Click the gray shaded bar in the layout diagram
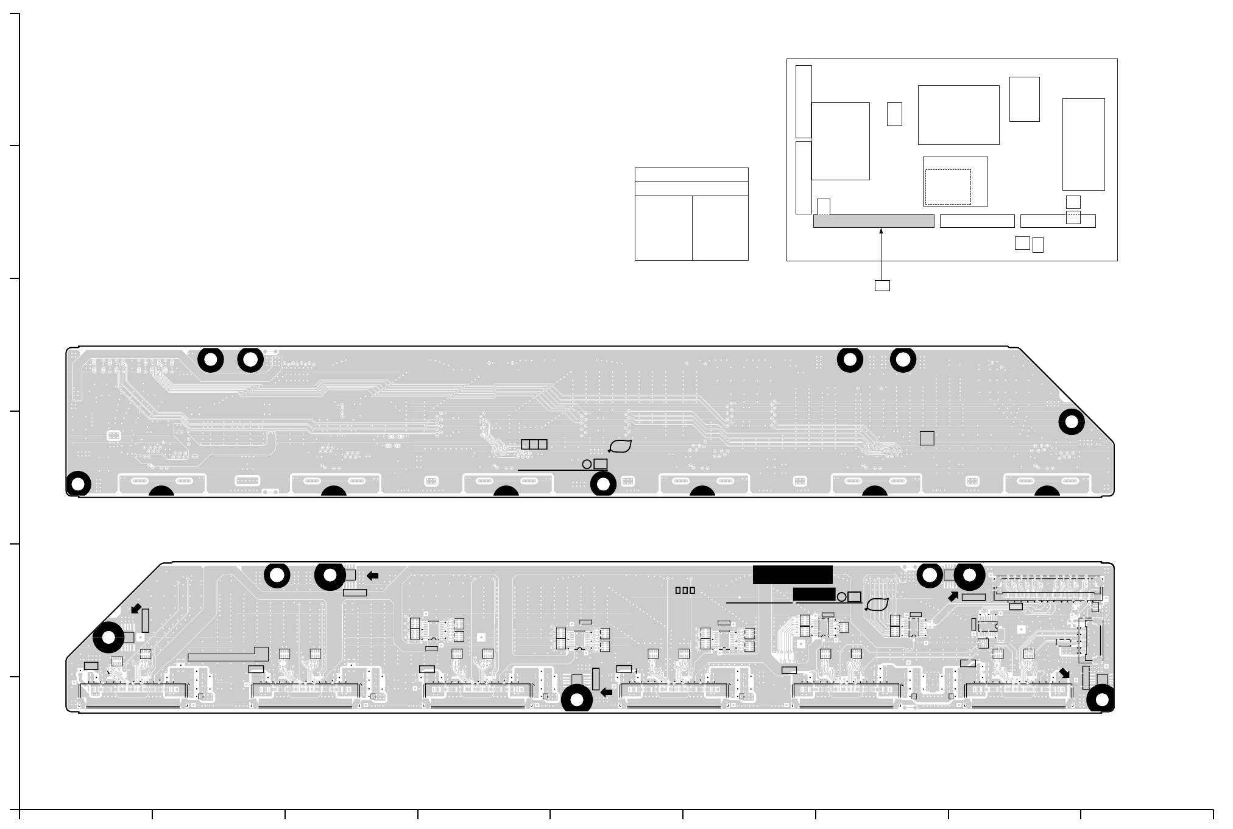point(873,221)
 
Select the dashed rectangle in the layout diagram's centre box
point(947,186)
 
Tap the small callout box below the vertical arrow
point(881,285)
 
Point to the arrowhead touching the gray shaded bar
point(881,231)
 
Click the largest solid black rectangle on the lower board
point(792,574)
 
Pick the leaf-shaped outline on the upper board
point(620,446)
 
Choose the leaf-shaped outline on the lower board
point(877,604)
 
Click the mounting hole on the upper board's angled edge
point(1071,422)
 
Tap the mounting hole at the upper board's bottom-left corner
point(78,484)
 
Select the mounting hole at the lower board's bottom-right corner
point(1101,700)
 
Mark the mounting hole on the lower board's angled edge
point(108,638)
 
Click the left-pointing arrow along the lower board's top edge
point(372,576)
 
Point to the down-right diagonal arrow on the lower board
point(1064,673)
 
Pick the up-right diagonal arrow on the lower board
point(953,597)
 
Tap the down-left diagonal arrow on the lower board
point(136,609)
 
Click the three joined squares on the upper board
point(534,445)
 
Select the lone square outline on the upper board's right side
point(927,439)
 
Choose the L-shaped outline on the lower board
point(228,654)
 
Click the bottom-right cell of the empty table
point(720,228)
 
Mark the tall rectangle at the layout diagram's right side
point(1083,144)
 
